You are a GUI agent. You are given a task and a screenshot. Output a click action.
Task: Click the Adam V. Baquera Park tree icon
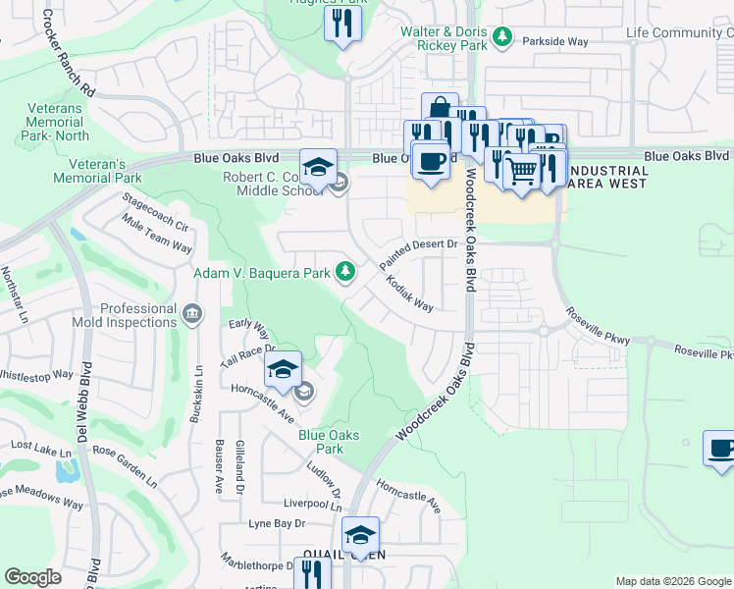point(344,271)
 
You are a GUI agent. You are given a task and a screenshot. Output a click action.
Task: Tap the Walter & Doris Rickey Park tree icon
point(502,37)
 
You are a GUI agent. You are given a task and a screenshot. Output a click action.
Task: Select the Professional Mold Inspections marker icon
point(192,314)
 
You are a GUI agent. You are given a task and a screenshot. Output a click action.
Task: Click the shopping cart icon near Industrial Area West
point(523,171)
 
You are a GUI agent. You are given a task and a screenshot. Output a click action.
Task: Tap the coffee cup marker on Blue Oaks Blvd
point(430,159)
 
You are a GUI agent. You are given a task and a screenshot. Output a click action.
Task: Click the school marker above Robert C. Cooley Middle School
point(318,167)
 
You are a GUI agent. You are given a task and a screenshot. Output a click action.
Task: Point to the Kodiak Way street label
point(410,293)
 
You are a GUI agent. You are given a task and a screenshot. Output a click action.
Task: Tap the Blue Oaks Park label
point(329,442)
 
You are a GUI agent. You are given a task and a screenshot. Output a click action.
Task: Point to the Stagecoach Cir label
point(153,212)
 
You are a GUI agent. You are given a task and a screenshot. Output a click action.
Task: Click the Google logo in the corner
point(33,577)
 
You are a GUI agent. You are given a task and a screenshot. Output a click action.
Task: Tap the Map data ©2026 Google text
point(672,581)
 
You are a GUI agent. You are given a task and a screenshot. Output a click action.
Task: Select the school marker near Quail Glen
point(360,535)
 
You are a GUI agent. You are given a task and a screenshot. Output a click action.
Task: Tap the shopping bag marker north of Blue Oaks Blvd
point(440,109)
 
